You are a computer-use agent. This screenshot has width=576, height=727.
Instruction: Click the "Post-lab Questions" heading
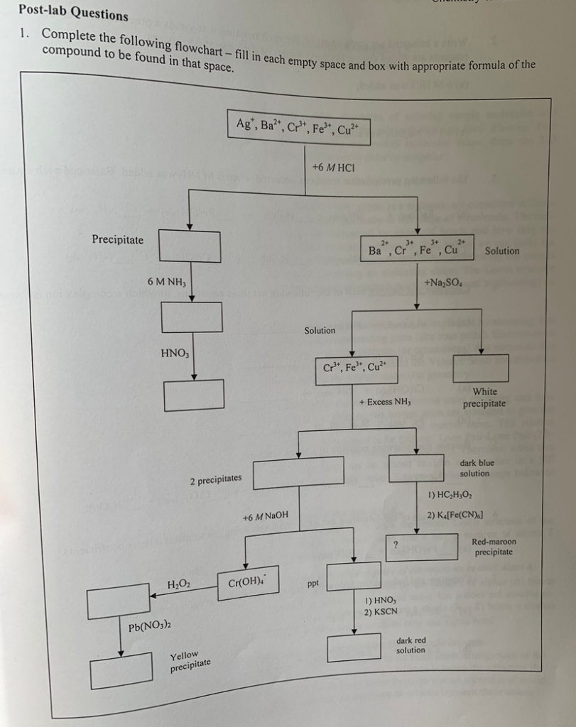74,13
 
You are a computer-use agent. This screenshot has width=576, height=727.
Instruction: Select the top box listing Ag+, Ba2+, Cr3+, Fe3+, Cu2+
299,128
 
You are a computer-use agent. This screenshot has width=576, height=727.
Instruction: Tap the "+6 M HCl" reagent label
333,167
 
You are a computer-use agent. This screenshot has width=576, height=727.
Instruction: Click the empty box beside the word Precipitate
189,246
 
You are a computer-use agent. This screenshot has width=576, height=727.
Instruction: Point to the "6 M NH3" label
165,282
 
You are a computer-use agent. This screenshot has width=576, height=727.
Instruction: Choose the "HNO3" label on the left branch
174,352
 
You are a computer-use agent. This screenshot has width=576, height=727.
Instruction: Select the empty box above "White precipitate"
481,368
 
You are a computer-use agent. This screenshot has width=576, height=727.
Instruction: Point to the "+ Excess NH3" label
385,403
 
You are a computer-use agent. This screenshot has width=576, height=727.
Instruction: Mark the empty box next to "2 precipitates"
299,472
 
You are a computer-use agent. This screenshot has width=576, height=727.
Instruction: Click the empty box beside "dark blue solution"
416,467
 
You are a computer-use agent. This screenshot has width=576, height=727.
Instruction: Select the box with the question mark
421,547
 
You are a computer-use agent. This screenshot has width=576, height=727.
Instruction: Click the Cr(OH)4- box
248,582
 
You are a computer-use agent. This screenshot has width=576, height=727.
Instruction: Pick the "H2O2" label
178,584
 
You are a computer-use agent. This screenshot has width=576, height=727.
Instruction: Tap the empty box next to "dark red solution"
354,647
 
